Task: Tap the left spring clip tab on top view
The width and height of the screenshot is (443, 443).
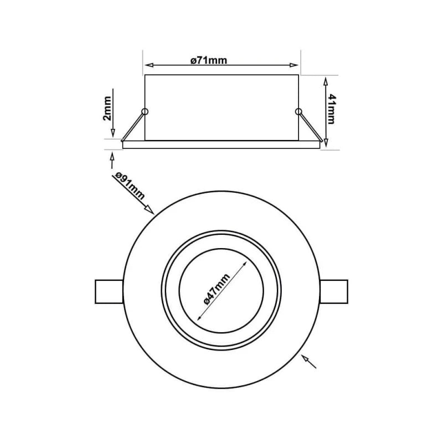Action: pos(108,291)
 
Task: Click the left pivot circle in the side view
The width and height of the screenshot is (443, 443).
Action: pos(145,112)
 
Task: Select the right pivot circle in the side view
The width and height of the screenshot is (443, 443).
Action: pos(299,112)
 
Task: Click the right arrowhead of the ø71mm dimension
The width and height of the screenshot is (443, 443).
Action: pos(295,66)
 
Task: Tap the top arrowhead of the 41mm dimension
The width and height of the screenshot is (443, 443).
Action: pos(325,80)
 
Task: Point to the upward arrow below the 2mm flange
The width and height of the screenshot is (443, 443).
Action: pos(112,158)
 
